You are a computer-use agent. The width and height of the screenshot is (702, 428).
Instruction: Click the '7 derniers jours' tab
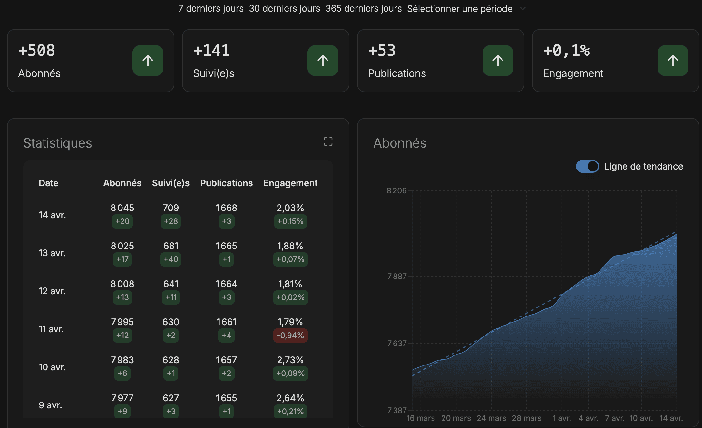tap(211, 8)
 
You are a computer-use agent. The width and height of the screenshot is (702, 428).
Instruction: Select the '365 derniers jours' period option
tap(364, 8)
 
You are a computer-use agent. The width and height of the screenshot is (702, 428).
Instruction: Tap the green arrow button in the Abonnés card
tap(148, 61)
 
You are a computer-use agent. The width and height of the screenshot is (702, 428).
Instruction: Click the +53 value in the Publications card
tap(382, 51)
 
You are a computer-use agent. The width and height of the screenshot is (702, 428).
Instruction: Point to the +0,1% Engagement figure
tap(566, 51)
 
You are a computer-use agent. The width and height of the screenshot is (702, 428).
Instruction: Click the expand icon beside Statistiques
tap(328, 141)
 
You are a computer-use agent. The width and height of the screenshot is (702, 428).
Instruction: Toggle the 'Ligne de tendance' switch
tap(587, 166)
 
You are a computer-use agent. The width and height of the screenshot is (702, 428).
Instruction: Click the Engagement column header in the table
tap(290, 183)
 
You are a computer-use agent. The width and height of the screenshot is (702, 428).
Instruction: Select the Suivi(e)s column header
tap(171, 183)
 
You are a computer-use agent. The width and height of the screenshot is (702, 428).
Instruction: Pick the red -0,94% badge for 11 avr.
tap(290, 335)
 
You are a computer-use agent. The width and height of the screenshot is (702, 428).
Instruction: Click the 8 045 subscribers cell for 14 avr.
tap(122, 208)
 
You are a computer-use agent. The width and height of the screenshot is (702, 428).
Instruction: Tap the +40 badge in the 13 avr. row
tap(171, 259)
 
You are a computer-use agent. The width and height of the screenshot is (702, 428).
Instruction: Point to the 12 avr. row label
tap(52, 291)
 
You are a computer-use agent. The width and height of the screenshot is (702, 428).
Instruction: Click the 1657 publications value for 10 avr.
tap(226, 360)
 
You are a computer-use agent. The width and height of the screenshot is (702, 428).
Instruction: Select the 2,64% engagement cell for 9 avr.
tap(290, 398)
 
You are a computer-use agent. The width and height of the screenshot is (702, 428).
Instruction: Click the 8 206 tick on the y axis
tap(397, 190)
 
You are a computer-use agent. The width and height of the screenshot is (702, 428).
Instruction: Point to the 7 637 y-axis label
tap(397, 343)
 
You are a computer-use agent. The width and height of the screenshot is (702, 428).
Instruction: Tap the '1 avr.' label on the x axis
tap(562, 418)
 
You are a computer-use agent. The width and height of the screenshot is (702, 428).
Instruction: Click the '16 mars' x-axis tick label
tap(421, 418)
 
